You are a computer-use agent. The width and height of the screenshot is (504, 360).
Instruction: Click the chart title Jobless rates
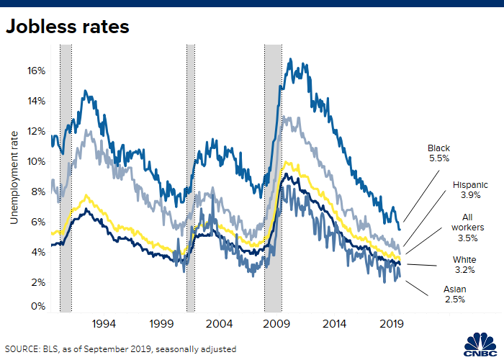[x=68, y=27]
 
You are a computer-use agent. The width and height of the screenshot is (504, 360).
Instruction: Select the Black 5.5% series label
[x=438, y=154]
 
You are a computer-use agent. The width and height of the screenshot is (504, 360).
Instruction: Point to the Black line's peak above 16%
[x=289, y=60]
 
